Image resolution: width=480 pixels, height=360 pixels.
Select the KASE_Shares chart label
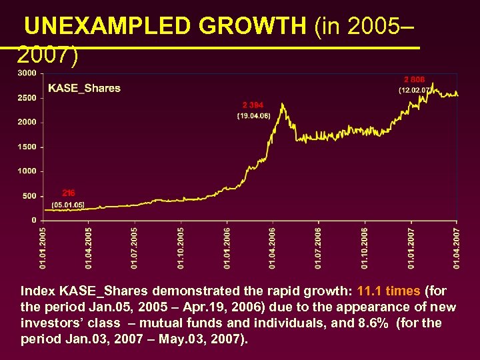click(84, 89)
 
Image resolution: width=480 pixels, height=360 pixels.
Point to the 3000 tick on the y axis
click(27, 73)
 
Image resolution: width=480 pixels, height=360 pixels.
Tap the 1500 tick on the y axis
click(27, 147)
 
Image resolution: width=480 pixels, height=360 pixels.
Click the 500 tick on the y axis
click(29, 196)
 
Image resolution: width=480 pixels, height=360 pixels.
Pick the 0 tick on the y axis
click(34, 220)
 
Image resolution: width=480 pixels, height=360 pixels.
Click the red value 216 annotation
click(69, 193)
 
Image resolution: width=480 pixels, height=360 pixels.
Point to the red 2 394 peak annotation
click(253, 105)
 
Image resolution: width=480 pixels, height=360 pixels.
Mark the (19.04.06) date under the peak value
click(253, 116)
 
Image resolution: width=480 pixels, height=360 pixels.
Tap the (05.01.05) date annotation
click(68, 205)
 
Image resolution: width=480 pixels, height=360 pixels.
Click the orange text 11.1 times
click(388, 291)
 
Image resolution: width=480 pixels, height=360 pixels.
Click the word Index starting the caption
click(38, 291)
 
